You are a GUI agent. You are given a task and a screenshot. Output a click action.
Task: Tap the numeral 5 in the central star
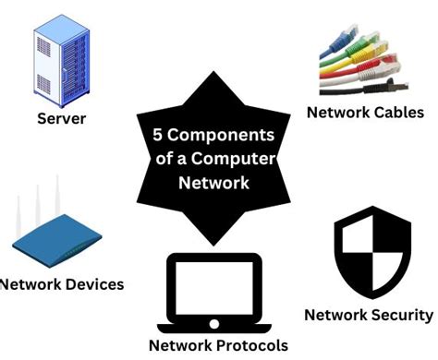[158, 134]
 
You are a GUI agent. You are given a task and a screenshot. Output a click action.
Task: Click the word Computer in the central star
[241, 158]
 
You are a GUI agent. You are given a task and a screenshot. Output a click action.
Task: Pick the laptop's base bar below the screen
[214, 324]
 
